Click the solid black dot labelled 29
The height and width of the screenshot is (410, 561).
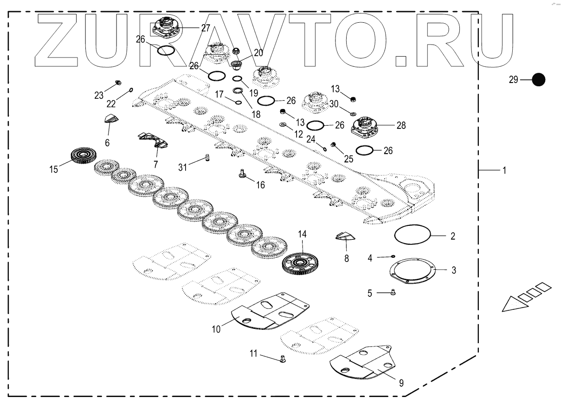pos(538,80)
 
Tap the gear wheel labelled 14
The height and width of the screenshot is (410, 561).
pos(301,263)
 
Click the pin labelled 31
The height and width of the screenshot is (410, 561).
pos(207,158)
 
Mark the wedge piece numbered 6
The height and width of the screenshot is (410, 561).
pos(111,118)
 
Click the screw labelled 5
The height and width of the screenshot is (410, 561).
pos(393,292)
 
